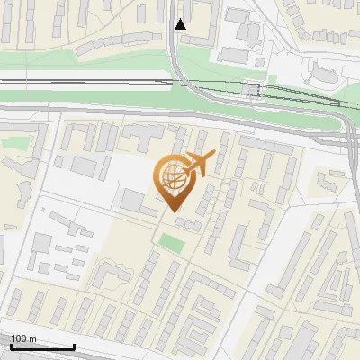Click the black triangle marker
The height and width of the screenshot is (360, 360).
181,24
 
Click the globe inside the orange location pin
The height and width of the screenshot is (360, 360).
172,178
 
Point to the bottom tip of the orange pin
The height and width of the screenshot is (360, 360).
174,212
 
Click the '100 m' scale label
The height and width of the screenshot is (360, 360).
23,338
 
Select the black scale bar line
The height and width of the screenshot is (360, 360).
42,346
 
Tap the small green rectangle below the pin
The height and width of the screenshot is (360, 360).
170,241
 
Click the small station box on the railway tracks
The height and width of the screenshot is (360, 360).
253,89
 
